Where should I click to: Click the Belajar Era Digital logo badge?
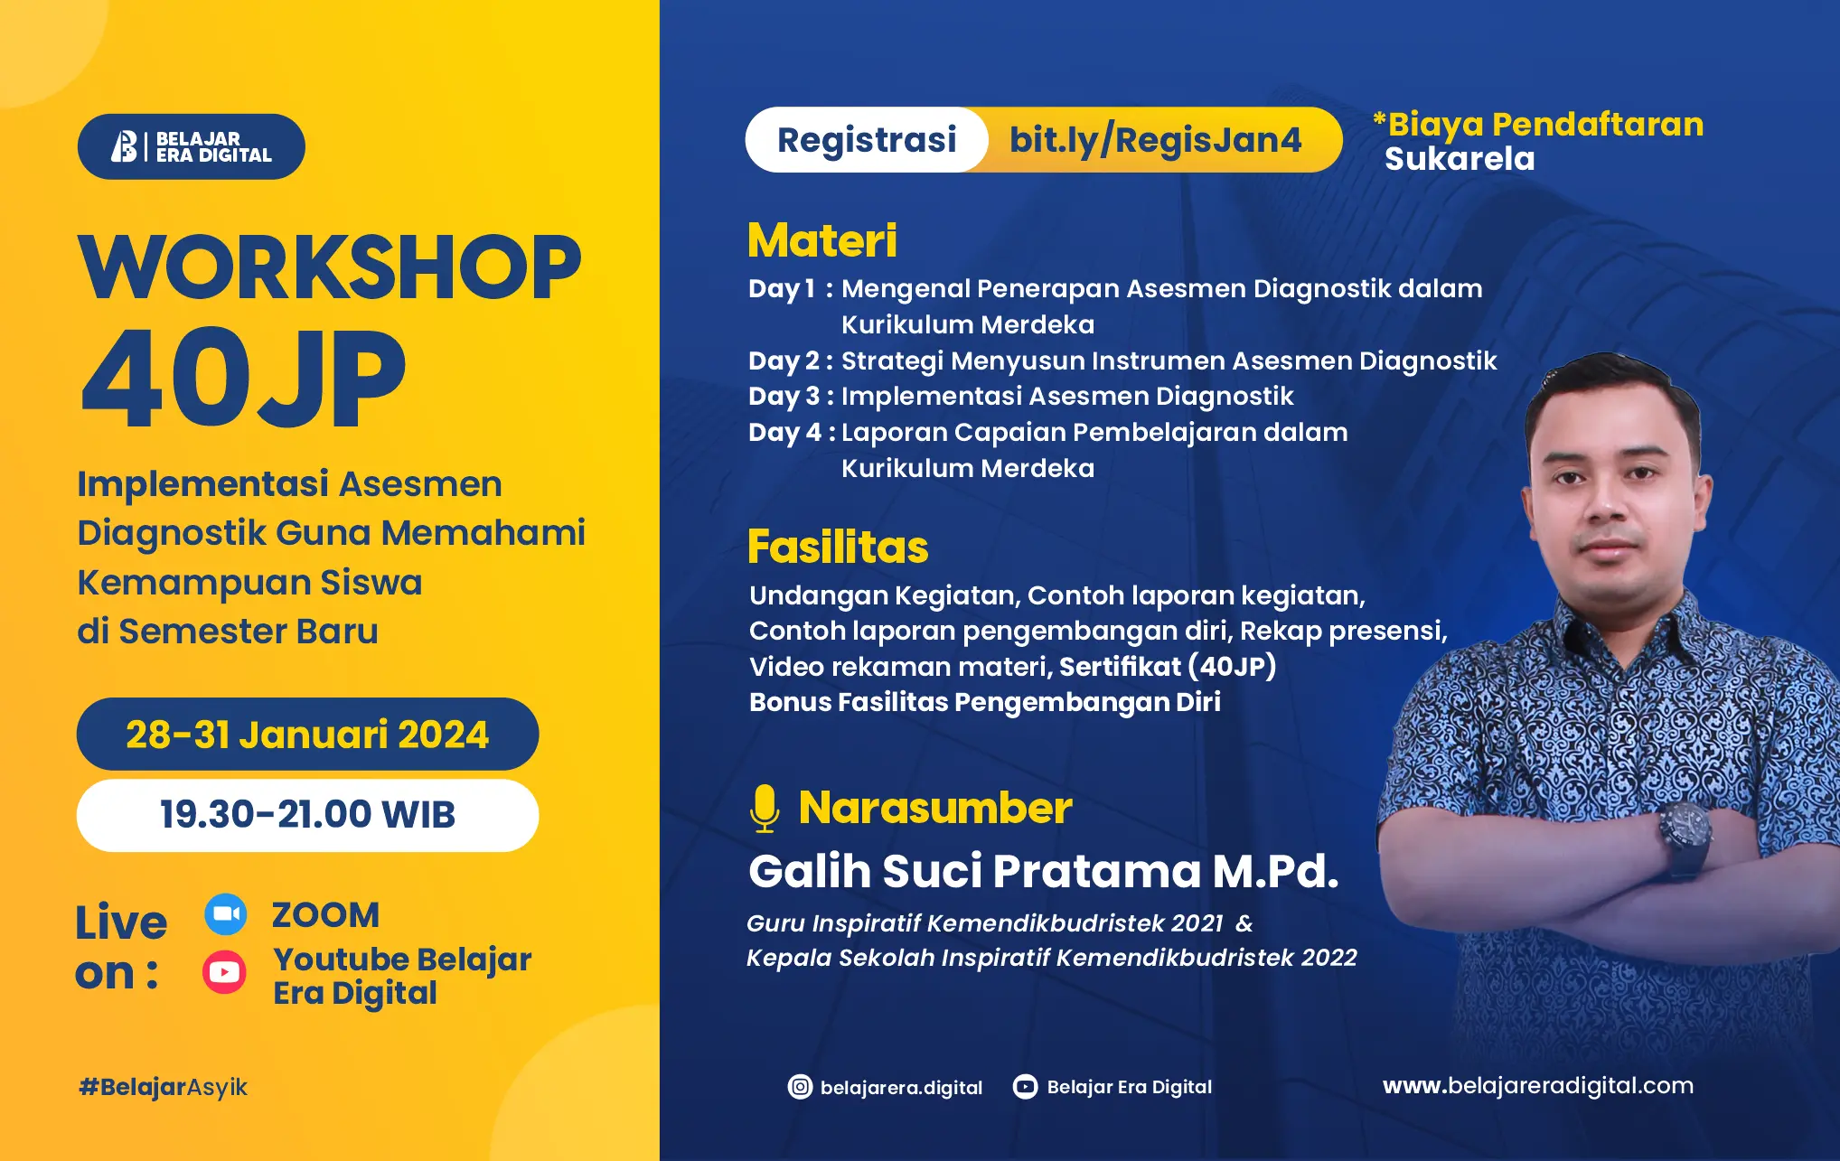tap(191, 146)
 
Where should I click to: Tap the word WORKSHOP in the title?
tap(330, 267)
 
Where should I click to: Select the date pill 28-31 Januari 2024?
tap(307, 735)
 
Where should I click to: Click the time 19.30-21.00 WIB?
tap(307, 815)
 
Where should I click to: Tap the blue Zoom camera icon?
tap(225, 914)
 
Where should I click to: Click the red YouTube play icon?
tap(224, 972)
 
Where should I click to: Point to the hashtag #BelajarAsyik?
tap(163, 1087)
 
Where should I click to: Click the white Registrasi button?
tap(866, 140)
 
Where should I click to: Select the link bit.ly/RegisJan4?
tap(1155, 140)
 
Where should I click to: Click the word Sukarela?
tap(1460, 159)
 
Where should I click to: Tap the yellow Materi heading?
tap(822, 240)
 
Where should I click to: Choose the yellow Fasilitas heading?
tap(838, 548)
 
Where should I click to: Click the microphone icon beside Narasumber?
tap(765, 808)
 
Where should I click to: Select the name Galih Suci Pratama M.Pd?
tap(1043, 871)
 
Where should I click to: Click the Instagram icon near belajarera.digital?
tap(800, 1087)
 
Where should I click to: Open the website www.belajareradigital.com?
tap(1537, 1086)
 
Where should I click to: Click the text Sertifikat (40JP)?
tap(1167, 667)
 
